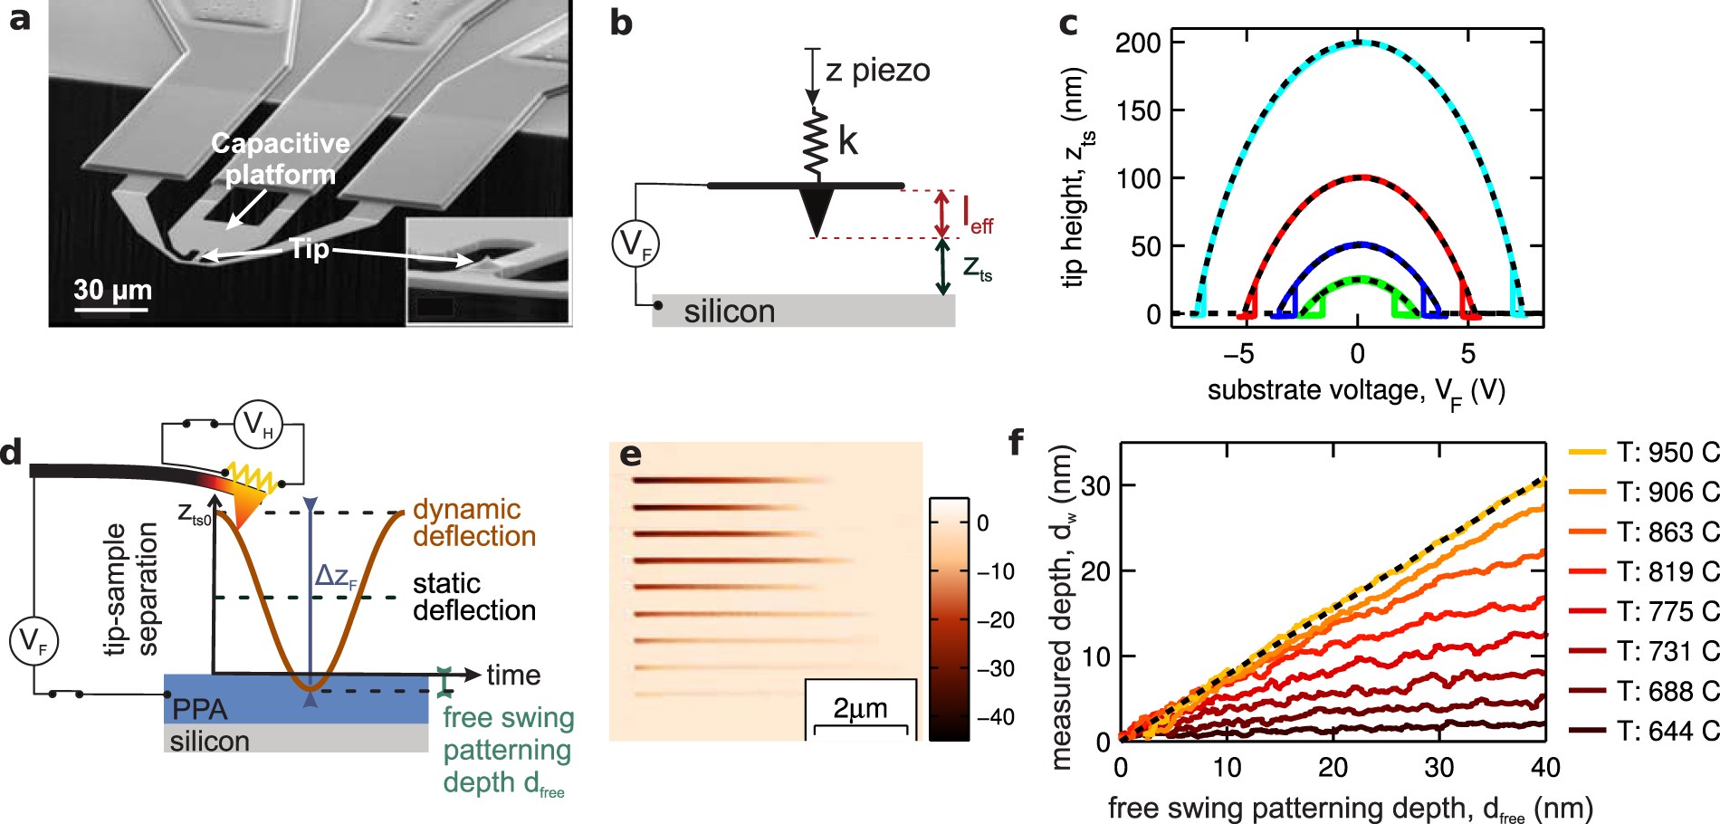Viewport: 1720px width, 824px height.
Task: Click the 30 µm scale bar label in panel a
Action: click(112, 290)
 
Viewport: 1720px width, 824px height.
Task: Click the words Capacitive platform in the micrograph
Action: click(280, 158)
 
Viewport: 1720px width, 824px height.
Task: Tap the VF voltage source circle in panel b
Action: click(635, 244)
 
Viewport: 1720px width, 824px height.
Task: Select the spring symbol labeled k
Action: click(817, 143)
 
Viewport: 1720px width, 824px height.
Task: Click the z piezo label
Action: click(877, 71)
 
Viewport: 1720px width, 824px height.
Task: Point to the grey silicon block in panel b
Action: click(803, 311)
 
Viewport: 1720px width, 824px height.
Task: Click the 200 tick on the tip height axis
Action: click(1137, 43)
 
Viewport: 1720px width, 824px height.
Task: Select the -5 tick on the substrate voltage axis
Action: click(1238, 353)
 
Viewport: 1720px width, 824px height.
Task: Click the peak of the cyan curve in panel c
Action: click(1358, 43)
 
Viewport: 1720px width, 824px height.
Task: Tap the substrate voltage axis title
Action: click(1356, 391)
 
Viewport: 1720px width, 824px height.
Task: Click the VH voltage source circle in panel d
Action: click(258, 424)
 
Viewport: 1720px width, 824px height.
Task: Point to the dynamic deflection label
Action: click(474, 522)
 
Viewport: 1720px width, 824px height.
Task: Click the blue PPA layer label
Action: click(199, 708)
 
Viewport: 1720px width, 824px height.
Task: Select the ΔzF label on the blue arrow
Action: click(336, 577)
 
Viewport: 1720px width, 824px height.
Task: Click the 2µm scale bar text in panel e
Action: click(860, 708)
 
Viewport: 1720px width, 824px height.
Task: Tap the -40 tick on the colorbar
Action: click(995, 717)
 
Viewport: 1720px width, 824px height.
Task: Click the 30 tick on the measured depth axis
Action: click(1095, 486)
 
